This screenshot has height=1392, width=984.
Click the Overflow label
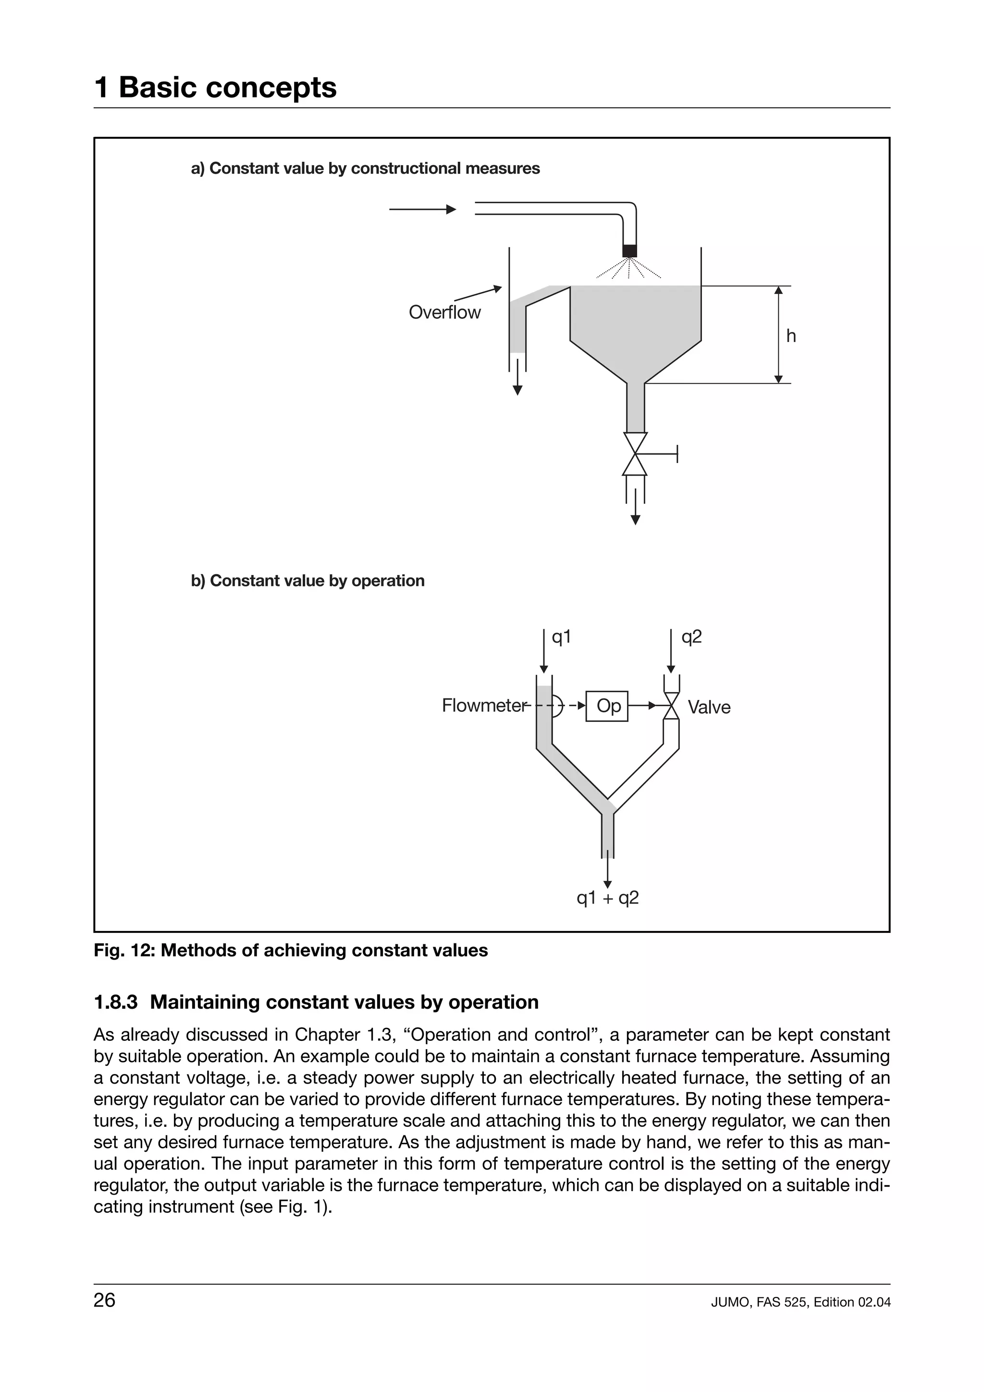pyautogui.click(x=444, y=312)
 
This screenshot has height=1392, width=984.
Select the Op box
pyautogui.click(x=607, y=706)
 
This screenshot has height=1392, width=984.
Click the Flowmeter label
pyautogui.click(x=484, y=706)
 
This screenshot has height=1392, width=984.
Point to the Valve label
pyautogui.click(x=709, y=708)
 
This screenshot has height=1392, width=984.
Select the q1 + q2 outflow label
pyautogui.click(x=607, y=898)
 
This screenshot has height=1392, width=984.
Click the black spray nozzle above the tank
pyautogui.click(x=629, y=250)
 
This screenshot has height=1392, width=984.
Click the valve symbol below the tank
pyautogui.click(x=635, y=453)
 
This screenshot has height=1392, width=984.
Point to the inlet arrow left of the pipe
pyautogui.click(x=423, y=209)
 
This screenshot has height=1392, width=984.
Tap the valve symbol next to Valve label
pyautogui.click(x=671, y=706)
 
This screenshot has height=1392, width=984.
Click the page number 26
pyautogui.click(x=104, y=1300)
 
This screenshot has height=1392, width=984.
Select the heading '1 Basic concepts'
pyautogui.click(x=215, y=87)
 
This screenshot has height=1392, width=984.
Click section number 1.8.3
pyautogui.click(x=115, y=1002)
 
